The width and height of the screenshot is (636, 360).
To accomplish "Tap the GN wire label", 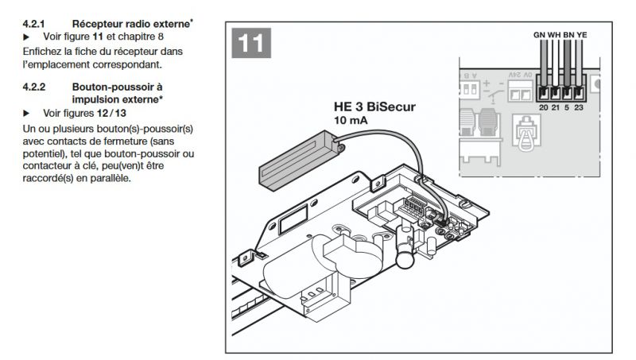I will click(541, 36).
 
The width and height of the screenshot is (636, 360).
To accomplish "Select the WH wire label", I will click(555, 36).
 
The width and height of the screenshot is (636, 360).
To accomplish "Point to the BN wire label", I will click(568, 36).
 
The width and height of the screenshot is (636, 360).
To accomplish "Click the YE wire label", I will click(582, 36).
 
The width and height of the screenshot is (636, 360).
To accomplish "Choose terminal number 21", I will click(556, 106).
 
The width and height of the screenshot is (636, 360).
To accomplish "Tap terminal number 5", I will click(568, 106).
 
